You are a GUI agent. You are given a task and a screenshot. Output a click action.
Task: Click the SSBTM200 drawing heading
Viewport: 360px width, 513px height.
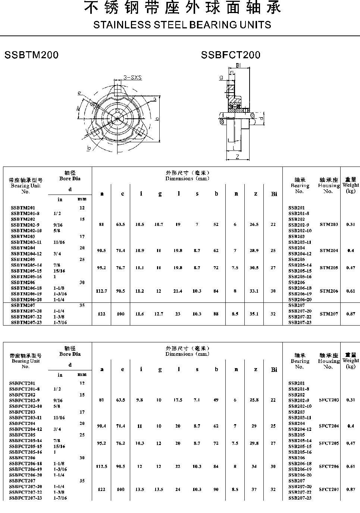(x=31, y=55)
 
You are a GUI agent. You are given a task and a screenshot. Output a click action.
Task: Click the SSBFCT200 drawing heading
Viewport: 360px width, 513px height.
(x=231, y=55)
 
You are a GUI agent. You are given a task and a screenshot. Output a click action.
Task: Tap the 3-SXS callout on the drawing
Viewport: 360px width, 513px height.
(x=133, y=78)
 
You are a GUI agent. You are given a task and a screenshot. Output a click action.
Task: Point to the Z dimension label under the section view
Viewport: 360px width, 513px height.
(x=237, y=157)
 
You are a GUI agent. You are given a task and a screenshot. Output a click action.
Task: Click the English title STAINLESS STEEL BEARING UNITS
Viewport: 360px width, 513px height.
(x=182, y=25)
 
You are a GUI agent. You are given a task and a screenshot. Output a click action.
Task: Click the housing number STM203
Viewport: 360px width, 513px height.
(x=329, y=225)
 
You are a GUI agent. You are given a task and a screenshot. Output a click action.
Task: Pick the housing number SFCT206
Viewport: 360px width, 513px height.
(x=329, y=467)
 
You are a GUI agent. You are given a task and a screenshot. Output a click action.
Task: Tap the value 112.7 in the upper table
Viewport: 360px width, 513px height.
(x=101, y=291)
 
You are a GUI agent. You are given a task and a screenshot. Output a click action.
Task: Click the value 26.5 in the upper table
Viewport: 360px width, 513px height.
(x=254, y=225)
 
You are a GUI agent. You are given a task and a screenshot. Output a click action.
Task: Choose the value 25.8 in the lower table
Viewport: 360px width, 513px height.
(x=254, y=400)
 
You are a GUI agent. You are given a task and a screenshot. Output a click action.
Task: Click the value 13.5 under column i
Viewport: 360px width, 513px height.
(x=140, y=489)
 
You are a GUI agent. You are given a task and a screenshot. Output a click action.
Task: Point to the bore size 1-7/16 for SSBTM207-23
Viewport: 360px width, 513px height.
(x=60, y=323)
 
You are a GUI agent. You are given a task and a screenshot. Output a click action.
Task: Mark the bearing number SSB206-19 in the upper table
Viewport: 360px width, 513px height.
(x=300, y=294)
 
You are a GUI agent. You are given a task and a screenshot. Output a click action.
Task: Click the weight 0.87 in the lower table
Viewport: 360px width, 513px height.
(x=350, y=489)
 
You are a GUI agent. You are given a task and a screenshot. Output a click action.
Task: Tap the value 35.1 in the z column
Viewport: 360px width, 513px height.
(x=254, y=314)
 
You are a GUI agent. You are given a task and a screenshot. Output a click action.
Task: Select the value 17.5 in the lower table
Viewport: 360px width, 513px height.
(x=178, y=400)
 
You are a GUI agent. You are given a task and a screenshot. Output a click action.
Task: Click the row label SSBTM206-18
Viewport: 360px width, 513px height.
(x=26, y=288)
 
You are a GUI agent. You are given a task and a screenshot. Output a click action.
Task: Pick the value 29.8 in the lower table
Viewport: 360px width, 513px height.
(x=254, y=444)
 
